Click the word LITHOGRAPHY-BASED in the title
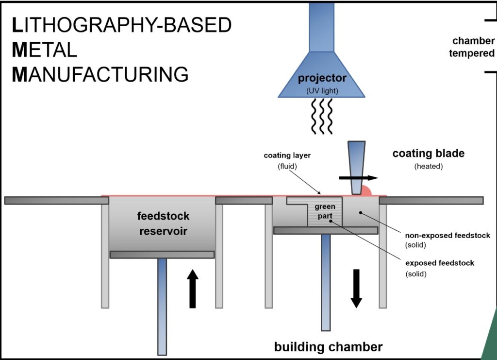click(x=121, y=25)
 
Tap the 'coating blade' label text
click(x=428, y=154)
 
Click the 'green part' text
click(x=325, y=211)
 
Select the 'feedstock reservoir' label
click(x=164, y=223)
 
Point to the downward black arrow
click(x=356, y=288)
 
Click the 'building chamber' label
click(x=328, y=347)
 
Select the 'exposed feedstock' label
click(x=440, y=263)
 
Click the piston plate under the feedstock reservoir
click(x=162, y=255)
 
